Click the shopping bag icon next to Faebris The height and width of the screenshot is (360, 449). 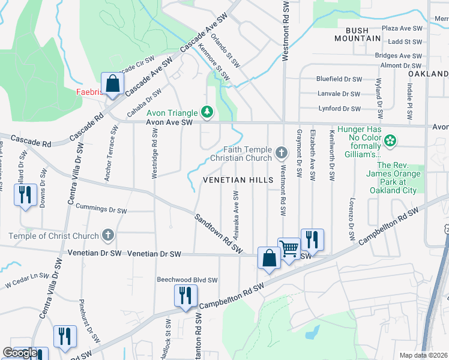point(112,83)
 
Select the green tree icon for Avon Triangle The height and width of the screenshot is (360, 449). point(207,112)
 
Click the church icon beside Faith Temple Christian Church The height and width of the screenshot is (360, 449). point(280,153)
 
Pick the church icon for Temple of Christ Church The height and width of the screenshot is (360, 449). point(107,235)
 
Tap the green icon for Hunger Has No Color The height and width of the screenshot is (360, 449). point(391,142)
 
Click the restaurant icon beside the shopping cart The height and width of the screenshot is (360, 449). point(312,239)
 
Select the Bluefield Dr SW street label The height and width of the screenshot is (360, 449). point(339,79)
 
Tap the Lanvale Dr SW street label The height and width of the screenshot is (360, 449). point(339,94)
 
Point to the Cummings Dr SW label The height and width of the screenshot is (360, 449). point(101,211)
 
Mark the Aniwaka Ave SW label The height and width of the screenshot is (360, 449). point(236,216)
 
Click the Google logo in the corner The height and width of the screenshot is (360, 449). point(20,353)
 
